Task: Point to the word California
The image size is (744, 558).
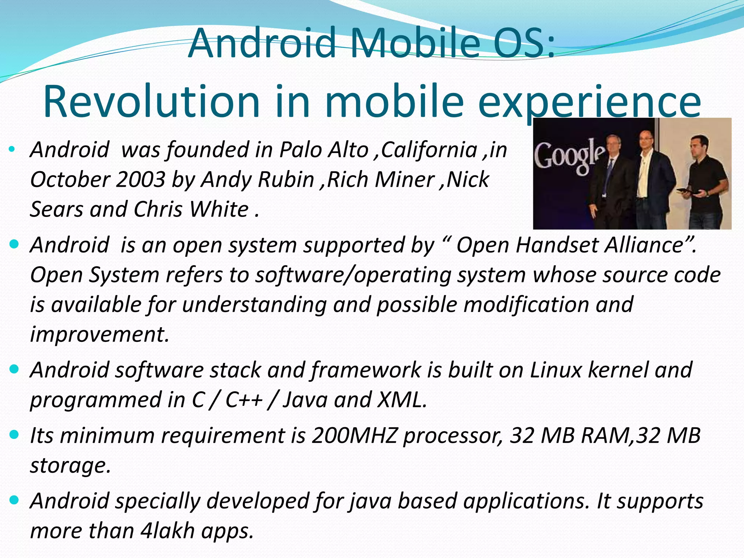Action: (x=429, y=150)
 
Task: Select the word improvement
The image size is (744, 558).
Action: (x=99, y=334)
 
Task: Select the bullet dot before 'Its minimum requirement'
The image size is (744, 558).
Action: (x=14, y=434)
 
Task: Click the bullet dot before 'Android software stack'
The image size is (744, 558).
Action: (x=14, y=369)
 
